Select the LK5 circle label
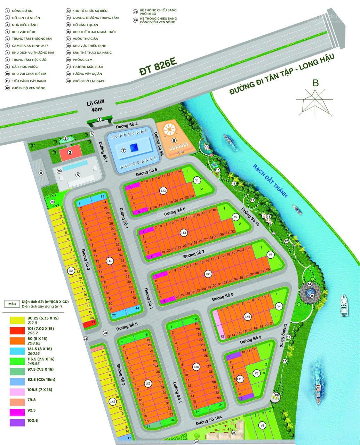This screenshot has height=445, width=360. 208,274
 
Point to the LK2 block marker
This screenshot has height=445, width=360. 110,261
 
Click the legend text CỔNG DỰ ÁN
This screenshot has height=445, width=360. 22,11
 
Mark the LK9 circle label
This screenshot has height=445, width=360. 247,317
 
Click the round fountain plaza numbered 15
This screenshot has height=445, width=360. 308,294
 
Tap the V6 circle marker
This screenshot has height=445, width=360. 263,424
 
